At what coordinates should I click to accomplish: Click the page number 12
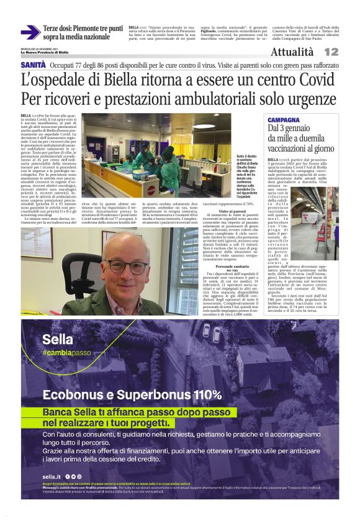click(348, 52)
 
